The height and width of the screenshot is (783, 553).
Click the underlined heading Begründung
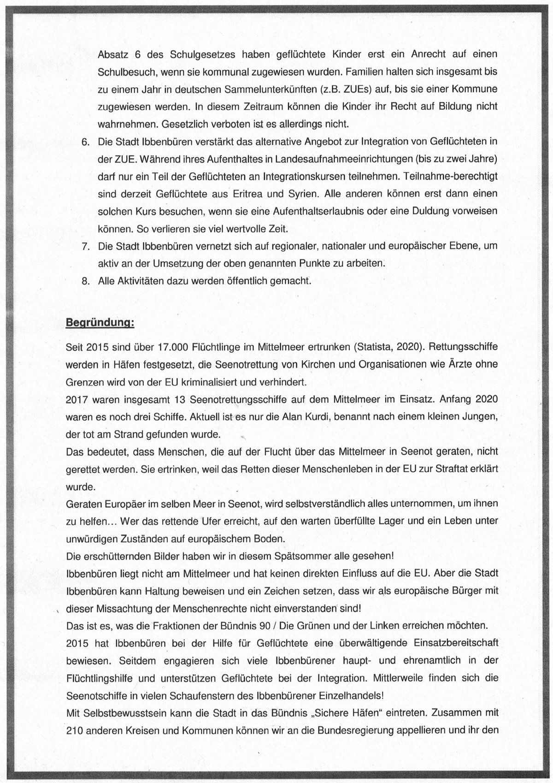pos(100,322)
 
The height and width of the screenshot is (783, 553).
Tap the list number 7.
pos(85,246)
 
